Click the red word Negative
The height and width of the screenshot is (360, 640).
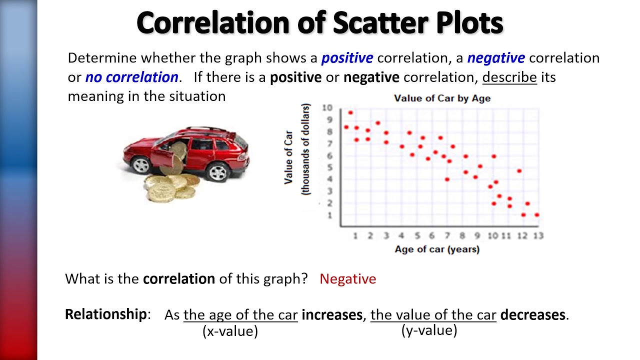click(x=347, y=279)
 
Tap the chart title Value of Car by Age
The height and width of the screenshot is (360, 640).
click(x=442, y=98)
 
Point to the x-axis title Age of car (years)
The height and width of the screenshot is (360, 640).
click(x=436, y=249)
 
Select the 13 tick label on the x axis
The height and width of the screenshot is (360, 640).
click(x=538, y=235)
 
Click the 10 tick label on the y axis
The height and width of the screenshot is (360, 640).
click(x=327, y=108)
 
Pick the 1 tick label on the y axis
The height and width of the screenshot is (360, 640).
click(x=329, y=215)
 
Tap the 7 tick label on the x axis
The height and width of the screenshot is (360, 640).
click(x=447, y=235)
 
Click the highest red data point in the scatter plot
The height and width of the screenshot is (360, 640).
click(x=350, y=113)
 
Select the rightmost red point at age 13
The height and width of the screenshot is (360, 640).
click(x=537, y=215)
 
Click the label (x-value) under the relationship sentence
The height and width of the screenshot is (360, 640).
click(x=230, y=331)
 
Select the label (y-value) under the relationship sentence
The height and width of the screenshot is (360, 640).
click(x=429, y=330)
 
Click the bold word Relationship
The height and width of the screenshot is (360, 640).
click(x=105, y=314)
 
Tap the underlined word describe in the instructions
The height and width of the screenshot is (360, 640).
click(x=509, y=77)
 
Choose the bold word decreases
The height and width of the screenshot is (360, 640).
click(x=533, y=315)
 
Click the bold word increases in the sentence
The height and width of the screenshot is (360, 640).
click(x=332, y=315)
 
